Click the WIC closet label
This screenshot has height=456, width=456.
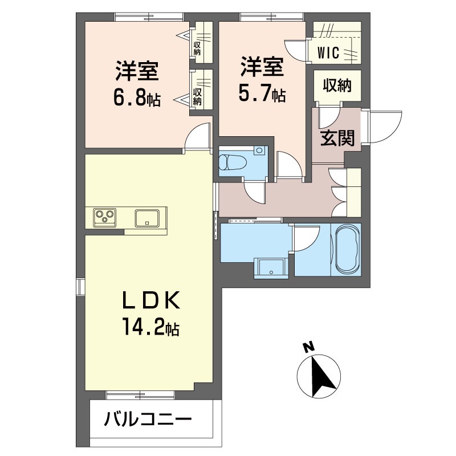[x=329, y=54]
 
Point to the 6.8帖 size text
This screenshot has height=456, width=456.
[x=137, y=99]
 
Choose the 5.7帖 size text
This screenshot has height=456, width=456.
[x=262, y=93]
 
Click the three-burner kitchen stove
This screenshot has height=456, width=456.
[x=104, y=217]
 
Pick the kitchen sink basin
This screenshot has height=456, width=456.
[x=148, y=217]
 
